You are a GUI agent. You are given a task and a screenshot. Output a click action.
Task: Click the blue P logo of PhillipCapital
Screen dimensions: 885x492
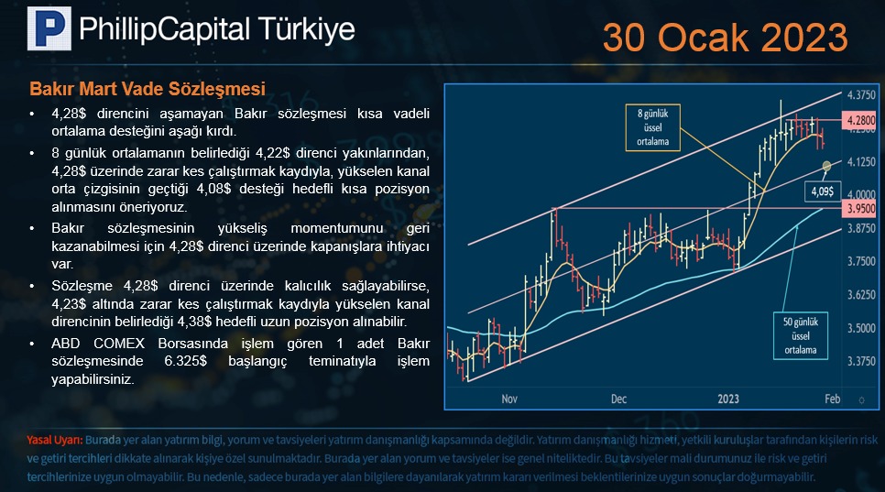click(49, 28)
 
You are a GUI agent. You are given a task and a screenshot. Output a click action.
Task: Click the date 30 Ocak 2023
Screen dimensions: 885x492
click(726, 38)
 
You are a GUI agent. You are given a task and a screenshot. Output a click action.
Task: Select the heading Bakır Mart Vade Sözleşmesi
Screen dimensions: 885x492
click(147, 89)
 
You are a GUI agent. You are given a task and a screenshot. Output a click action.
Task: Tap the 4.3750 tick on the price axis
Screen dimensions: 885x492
click(861, 94)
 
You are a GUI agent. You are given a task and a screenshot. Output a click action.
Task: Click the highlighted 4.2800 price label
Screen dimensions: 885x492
click(860, 120)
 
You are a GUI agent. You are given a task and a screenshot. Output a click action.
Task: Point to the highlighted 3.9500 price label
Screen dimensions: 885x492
click(860, 209)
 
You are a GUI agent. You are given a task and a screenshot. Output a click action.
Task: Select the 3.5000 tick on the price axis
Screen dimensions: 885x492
click(861, 328)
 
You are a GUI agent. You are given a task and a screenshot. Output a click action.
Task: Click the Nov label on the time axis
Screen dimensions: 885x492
click(509, 399)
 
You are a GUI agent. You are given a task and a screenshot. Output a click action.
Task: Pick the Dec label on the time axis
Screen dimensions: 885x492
click(618, 399)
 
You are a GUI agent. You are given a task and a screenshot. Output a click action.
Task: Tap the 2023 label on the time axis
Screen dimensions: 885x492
click(728, 399)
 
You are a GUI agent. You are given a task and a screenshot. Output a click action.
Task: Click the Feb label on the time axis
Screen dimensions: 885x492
click(832, 399)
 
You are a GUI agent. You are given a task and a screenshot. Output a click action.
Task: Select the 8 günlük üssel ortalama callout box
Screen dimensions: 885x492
click(652, 127)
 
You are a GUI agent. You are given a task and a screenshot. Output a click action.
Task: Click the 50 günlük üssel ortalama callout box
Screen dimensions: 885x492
click(801, 335)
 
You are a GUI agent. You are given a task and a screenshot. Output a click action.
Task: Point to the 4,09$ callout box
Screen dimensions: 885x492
click(823, 191)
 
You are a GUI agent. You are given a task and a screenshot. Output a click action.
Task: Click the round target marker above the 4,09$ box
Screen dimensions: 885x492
click(827, 166)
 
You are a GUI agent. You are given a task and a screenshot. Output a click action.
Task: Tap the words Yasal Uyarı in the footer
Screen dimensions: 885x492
click(55, 440)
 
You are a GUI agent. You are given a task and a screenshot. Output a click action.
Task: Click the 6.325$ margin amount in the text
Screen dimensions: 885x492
click(185, 361)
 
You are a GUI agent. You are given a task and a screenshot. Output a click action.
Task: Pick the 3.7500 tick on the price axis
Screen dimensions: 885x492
click(861, 261)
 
